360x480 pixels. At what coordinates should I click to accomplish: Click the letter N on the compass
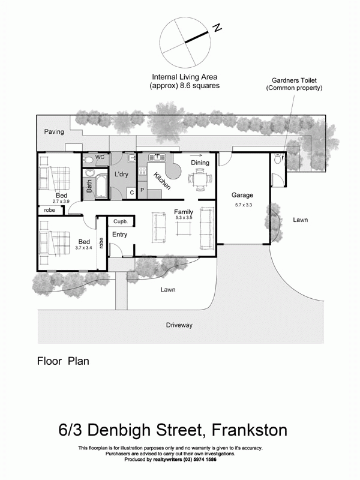pyautogui.click(x=217, y=27)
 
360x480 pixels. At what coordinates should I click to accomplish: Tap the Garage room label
pyautogui.click(x=242, y=195)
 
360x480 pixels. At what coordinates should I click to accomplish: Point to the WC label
pyautogui.click(x=100, y=157)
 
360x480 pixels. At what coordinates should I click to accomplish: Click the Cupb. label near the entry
pyautogui.click(x=119, y=222)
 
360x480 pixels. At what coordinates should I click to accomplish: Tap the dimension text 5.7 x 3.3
pyautogui.click(x=242, y=205)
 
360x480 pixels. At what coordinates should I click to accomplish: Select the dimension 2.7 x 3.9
pyautogui.click(x=62, y=202)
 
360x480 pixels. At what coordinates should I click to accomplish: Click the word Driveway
pyautogui.click(x=179, y=325)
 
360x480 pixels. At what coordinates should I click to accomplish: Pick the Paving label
pyautogui.click(x=53, y=131)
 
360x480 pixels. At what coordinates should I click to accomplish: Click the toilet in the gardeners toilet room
pyautogui.click(x=278, y=160)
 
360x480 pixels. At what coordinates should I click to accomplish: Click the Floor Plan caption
pyautogui.click(x=63, y=361)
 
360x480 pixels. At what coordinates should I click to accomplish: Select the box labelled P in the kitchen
pyautogui.click(x=143, y=191)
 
